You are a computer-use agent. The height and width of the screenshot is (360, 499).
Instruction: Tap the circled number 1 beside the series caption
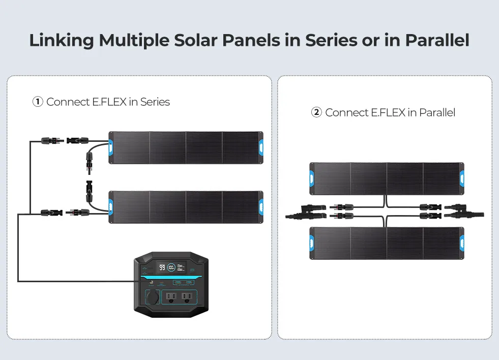[38, 102]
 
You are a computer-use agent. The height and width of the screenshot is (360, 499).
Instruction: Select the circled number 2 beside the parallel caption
[316, 112]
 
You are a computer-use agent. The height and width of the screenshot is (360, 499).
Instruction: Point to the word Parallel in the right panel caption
[437, 112]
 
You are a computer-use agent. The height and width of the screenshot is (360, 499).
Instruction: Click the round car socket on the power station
[152, 297]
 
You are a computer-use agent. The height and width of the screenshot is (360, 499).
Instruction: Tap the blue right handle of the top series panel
[260, 147]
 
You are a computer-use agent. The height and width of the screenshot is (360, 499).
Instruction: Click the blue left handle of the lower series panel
[111, 207]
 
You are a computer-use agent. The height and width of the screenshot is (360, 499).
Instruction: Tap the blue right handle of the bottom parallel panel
[461, 243]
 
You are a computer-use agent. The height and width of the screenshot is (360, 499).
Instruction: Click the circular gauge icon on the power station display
[172, 267]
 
